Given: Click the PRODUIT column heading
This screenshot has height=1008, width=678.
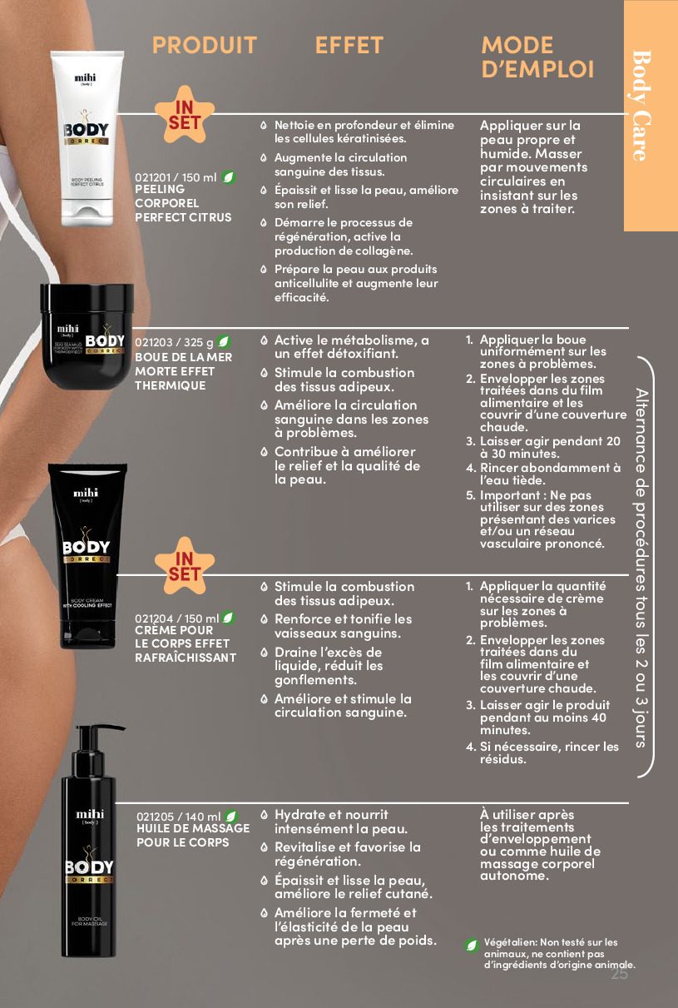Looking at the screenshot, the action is coord(205,46).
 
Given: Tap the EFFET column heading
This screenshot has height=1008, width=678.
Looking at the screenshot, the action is coord(349,46).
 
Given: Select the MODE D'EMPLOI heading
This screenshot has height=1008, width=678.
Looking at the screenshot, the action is coord(537,57).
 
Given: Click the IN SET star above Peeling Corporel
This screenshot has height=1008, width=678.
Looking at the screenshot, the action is coord(185,115).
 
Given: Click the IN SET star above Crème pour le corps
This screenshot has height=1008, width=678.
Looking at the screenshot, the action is coord(185,566).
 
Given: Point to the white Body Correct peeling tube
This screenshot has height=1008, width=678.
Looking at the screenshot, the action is coord(87,139).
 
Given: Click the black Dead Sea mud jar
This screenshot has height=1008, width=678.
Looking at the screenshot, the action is coord(87,336).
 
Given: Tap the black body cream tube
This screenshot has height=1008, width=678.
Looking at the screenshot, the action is coord(87,555).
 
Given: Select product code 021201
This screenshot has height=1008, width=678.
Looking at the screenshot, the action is coord(152,178).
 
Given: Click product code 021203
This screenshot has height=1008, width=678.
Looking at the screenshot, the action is coord(153,342).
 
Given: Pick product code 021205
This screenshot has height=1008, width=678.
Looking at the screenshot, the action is coord(155,817).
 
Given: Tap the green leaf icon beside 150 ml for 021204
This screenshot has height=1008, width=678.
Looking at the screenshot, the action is coord(229,618).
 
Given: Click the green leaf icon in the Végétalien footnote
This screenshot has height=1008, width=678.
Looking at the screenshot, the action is coord(472,946).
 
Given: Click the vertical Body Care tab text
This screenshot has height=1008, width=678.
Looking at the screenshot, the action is coord(641,106).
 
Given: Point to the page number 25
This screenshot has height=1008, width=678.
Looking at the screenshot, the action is coord(620,974).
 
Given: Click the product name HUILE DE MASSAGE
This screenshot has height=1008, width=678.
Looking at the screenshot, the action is coord(193,828).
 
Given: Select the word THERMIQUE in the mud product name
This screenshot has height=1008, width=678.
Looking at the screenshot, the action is coord(171,385).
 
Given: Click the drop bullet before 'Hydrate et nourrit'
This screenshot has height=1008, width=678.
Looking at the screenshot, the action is coord(265,815).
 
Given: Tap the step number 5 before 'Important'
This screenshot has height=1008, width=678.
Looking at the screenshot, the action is coord(470,495).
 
